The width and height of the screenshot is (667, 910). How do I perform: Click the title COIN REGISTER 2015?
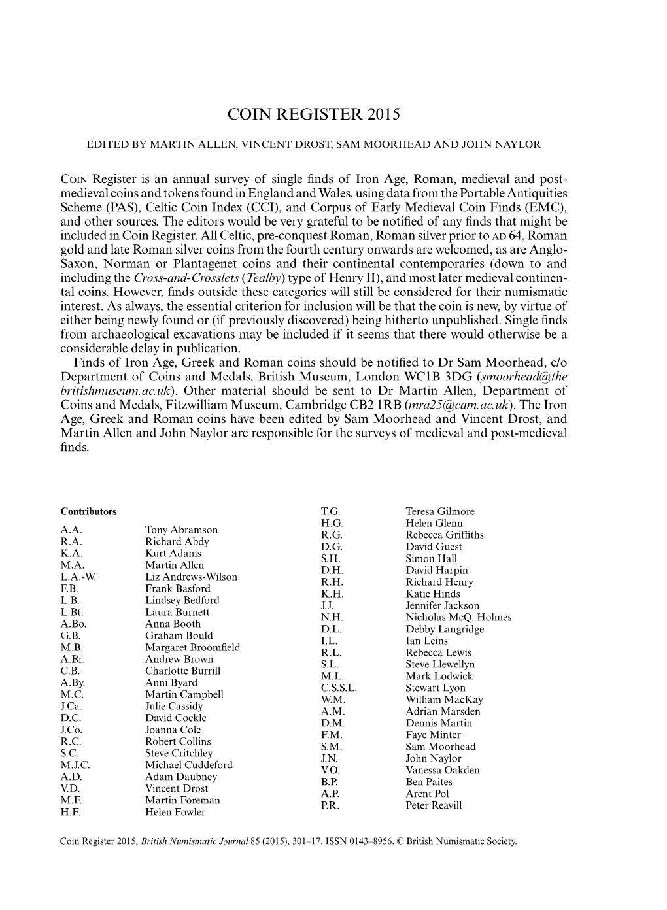coord(313,114)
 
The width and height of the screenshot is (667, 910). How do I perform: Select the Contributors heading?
coord(88,512)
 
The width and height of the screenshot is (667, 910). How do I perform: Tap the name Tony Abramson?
coord(181,530)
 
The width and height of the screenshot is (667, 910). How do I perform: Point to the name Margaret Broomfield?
coord(192,647)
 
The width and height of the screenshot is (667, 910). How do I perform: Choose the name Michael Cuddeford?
coord(188,765)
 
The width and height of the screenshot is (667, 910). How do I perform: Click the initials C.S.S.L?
coord(339,688)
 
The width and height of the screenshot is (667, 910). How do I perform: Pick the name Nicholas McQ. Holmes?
coord(458,617)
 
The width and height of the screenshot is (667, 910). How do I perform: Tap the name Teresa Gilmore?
coord(439,511)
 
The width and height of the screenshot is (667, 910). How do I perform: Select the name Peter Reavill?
coord(433,805)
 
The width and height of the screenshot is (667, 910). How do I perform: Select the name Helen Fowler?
coord(175,812)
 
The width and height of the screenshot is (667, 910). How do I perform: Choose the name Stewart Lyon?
coord(436,688)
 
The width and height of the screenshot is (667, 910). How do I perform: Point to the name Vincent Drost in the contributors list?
coord(176,788)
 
